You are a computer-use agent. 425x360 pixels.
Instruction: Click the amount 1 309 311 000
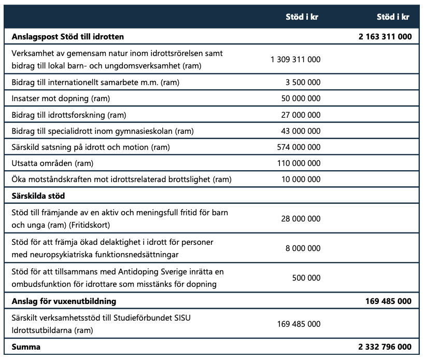coord(295,60)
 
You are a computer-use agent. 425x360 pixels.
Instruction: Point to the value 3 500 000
coord(303,82)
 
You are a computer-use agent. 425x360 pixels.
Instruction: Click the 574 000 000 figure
coord(299,147)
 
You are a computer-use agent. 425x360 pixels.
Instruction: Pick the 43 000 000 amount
coord(301,131)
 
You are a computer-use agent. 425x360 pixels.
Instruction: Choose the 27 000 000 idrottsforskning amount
coord(301,115)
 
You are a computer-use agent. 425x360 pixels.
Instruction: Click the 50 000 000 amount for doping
coord(301,99)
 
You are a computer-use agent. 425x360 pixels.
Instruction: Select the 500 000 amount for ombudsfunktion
coord(306,278)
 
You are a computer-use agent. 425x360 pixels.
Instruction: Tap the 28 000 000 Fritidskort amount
coord(301,219)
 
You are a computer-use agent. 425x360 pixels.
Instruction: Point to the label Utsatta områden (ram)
coord(51,163)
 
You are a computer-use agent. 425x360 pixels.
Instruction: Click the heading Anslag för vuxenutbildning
coord(64,301)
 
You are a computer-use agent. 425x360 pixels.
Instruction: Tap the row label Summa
coord(25,347)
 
